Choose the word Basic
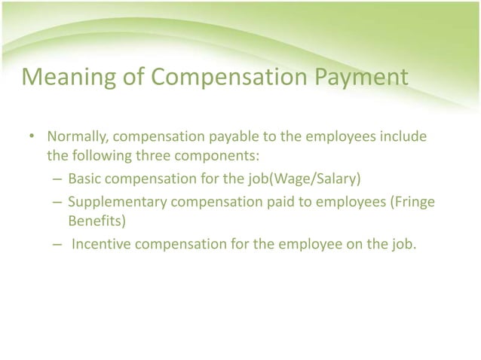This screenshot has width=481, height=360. coord(84,181)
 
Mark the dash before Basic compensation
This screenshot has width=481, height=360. coord(57,181)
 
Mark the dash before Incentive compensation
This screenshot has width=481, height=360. coord(57,243)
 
